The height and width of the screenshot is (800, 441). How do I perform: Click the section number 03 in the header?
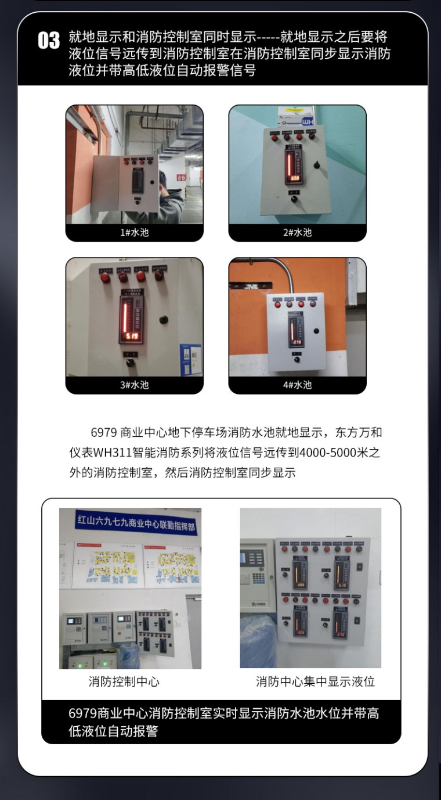49,41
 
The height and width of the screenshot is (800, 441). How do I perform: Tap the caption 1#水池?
134,232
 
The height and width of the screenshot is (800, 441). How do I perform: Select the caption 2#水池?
297,232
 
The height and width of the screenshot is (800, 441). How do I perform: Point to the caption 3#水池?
134,385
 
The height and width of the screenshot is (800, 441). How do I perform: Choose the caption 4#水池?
297,385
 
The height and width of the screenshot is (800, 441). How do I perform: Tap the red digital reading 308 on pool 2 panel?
295,178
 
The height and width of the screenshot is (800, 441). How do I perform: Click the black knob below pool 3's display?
131,363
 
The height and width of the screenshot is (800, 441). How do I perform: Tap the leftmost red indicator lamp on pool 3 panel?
105,278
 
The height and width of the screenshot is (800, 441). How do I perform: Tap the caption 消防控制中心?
124,681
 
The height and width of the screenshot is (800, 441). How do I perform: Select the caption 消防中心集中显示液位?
315,681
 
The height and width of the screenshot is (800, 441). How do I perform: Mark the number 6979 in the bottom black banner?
82,713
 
